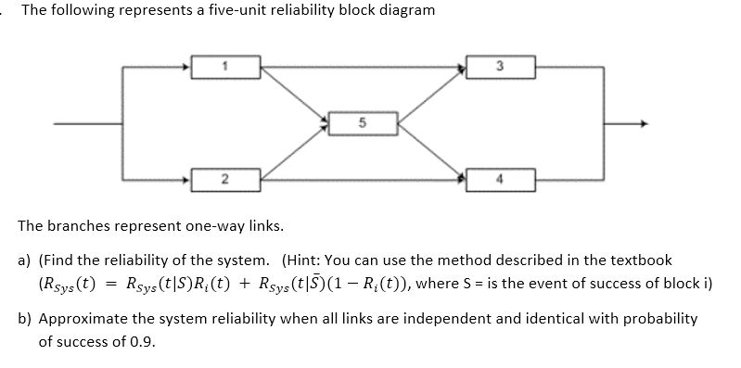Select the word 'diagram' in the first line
click(x=400, y=11)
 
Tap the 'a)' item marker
click(x=26, y=260)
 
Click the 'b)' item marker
click(x=26, y=318)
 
